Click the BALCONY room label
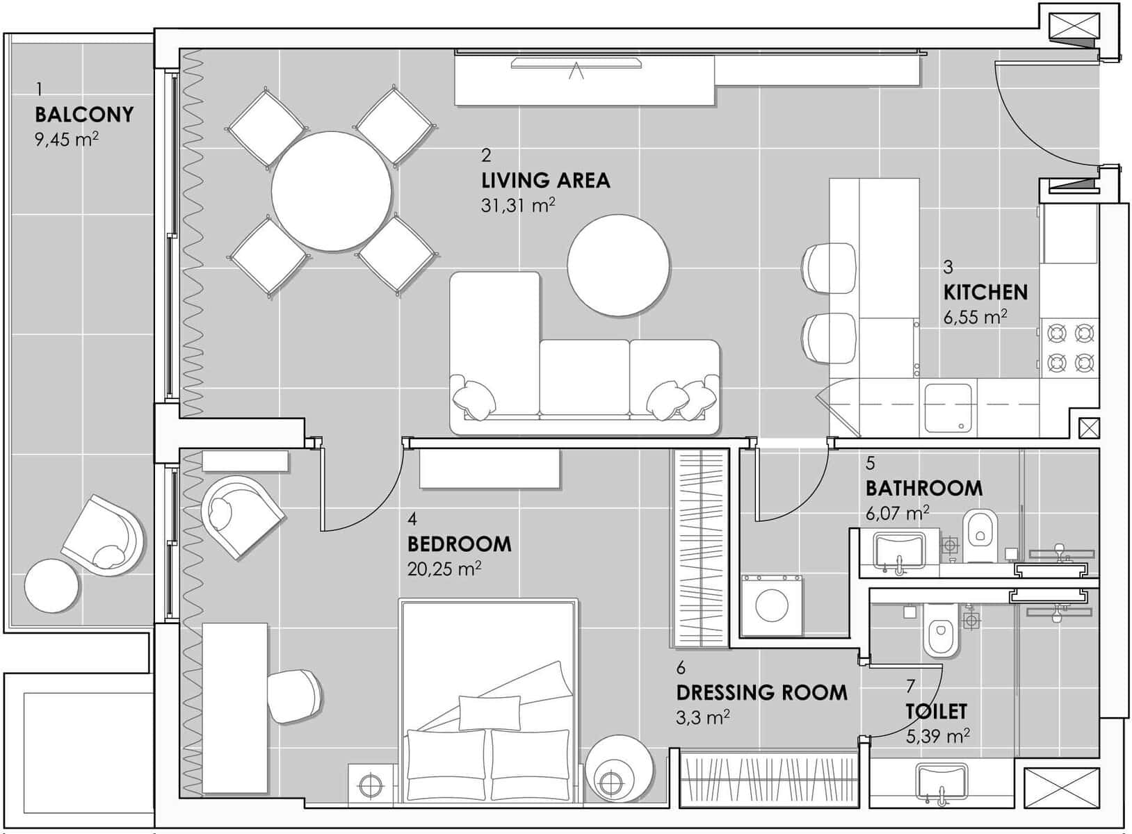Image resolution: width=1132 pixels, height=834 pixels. pos(84,115)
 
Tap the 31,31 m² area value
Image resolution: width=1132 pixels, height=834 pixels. pos(518,206)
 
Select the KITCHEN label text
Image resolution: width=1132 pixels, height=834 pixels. pos(985,293)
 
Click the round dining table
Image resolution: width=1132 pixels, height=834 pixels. pos(332,192)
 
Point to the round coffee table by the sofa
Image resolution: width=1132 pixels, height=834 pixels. pos(619,265)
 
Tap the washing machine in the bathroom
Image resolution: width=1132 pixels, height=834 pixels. pos(772,605)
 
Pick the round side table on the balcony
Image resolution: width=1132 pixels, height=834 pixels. pos(51,585)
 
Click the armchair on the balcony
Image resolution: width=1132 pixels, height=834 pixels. pos(103,537)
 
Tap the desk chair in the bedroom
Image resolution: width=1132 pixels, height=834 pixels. pos(294,696)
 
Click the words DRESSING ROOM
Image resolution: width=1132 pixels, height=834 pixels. pos(761,692)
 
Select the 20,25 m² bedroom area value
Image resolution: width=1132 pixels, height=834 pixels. pos(444,569)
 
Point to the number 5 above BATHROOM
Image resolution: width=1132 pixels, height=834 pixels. pos(871,464)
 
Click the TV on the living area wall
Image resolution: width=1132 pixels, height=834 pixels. pos(576,63)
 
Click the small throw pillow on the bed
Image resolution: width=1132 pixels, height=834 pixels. pos(490,713)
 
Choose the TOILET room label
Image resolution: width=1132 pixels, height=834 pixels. pos(936,711)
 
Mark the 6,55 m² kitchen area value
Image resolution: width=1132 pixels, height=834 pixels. pos(976,317)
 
